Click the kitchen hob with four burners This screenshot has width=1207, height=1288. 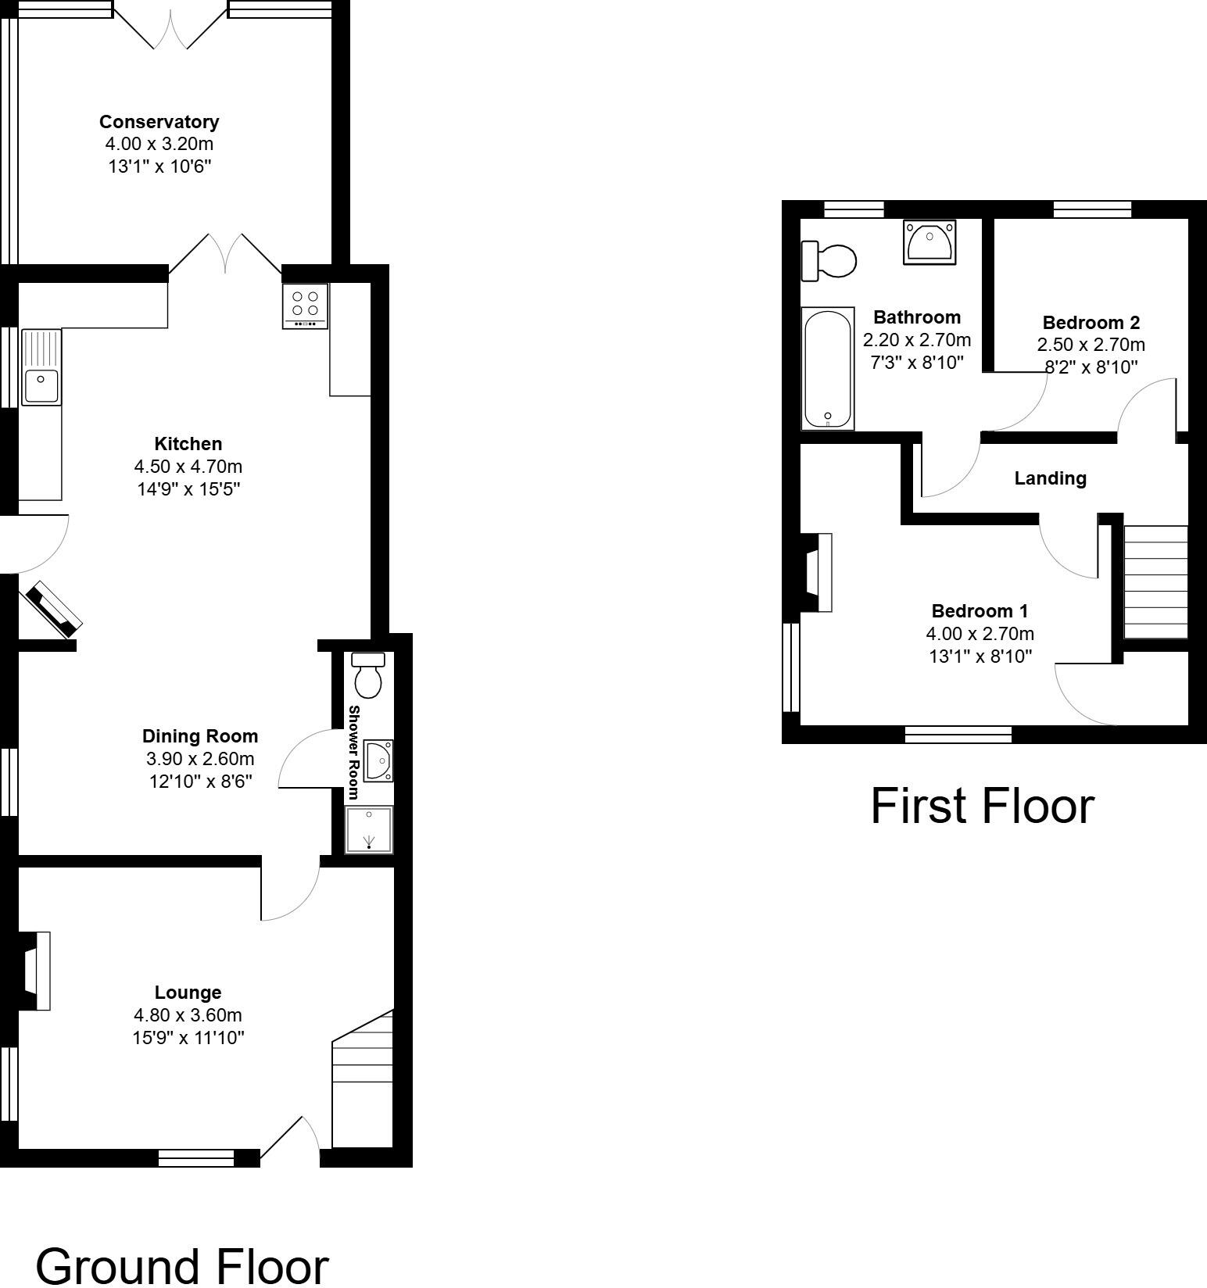tap(306, 306)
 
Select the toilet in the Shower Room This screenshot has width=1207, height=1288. tap(368, 676)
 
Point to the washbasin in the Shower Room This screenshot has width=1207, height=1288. tap(379, 760)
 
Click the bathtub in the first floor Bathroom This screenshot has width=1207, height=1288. tap(827, 368)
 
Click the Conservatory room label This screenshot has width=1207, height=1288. tap(159, 122)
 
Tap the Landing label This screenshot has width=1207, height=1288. tap(1050, 478)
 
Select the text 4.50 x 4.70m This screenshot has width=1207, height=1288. tap(188, 467)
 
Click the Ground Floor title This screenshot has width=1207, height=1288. tap(181, 1265)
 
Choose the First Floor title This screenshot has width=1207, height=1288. tap(982, 806)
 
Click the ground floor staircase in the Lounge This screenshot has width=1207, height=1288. tap(363, 1086)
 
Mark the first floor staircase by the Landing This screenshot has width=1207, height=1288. tap(1155, 581)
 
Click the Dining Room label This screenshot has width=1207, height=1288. tap(199, 735)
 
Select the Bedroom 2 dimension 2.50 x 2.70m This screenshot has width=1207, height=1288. tap(1091, 345)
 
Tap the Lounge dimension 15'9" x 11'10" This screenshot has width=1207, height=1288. tap(188, 1037)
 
